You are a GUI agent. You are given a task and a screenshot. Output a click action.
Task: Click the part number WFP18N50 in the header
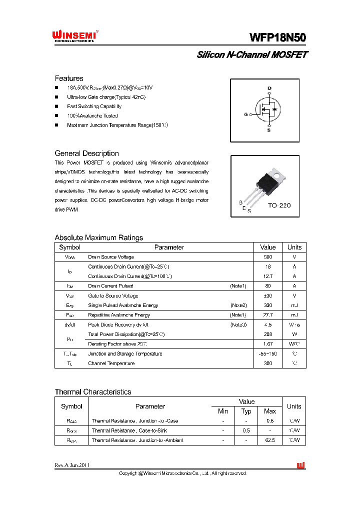[278, 37]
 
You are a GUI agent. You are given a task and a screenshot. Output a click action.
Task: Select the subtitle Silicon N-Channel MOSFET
[252, 54]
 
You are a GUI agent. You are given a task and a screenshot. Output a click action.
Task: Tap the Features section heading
[69, 78]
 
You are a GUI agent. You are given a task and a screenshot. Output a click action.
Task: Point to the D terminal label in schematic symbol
[269, 88]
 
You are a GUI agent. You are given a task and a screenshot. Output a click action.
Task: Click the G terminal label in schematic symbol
[246, 114]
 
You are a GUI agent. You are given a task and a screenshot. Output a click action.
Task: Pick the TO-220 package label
[279, 205]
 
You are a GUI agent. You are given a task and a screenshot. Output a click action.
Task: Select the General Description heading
[86, 153]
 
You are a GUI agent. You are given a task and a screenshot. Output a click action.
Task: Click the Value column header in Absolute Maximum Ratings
[268, 247]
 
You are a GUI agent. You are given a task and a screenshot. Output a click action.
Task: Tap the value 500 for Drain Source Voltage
[268, 257]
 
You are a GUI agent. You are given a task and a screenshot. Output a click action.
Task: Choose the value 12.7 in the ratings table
[268, 276]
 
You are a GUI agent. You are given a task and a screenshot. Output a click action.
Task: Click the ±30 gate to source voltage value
[268, 295]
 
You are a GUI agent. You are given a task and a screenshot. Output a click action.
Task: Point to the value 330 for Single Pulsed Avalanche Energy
[268, 305]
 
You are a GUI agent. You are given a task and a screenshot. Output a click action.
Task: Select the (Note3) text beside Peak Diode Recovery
[238, 324]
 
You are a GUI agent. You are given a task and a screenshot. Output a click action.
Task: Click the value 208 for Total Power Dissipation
[268, 334]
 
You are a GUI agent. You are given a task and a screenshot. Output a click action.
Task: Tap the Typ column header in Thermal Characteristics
[246, 411]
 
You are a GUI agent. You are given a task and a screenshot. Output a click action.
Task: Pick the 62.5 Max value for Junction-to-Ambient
[270, 440]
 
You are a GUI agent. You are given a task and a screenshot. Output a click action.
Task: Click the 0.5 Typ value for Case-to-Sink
[246, 430]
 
